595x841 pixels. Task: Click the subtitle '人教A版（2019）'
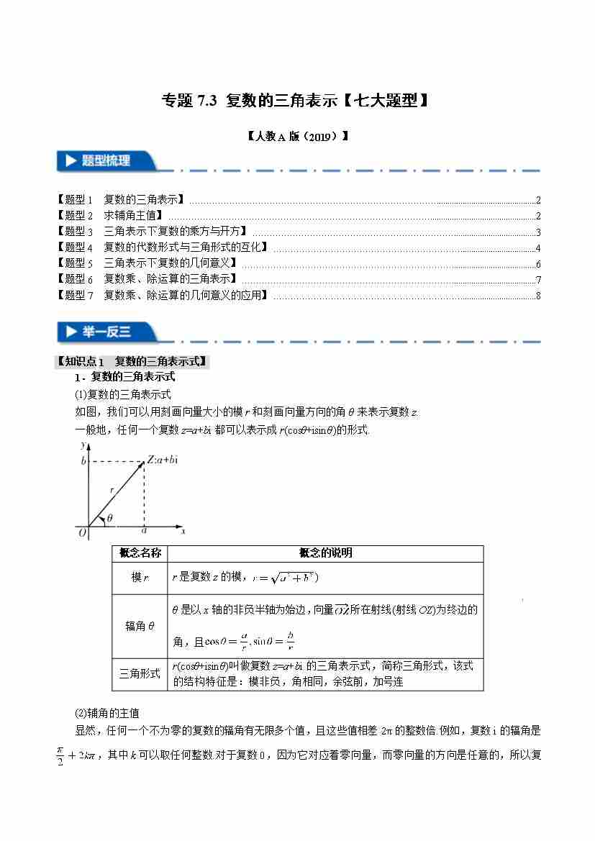(296, 135)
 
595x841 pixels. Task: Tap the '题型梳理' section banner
(106, 161)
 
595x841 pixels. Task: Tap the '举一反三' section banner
(106, 332)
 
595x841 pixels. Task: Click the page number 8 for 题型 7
(538, 295)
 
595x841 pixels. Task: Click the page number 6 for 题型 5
(538, 263)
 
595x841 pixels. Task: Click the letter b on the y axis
(83, 460)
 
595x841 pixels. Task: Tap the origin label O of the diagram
(82, 532)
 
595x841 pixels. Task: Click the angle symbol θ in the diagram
(109, 517)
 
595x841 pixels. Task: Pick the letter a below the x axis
(144, 532)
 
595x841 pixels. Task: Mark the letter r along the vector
(112, 489)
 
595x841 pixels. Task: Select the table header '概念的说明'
(325, 553)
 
